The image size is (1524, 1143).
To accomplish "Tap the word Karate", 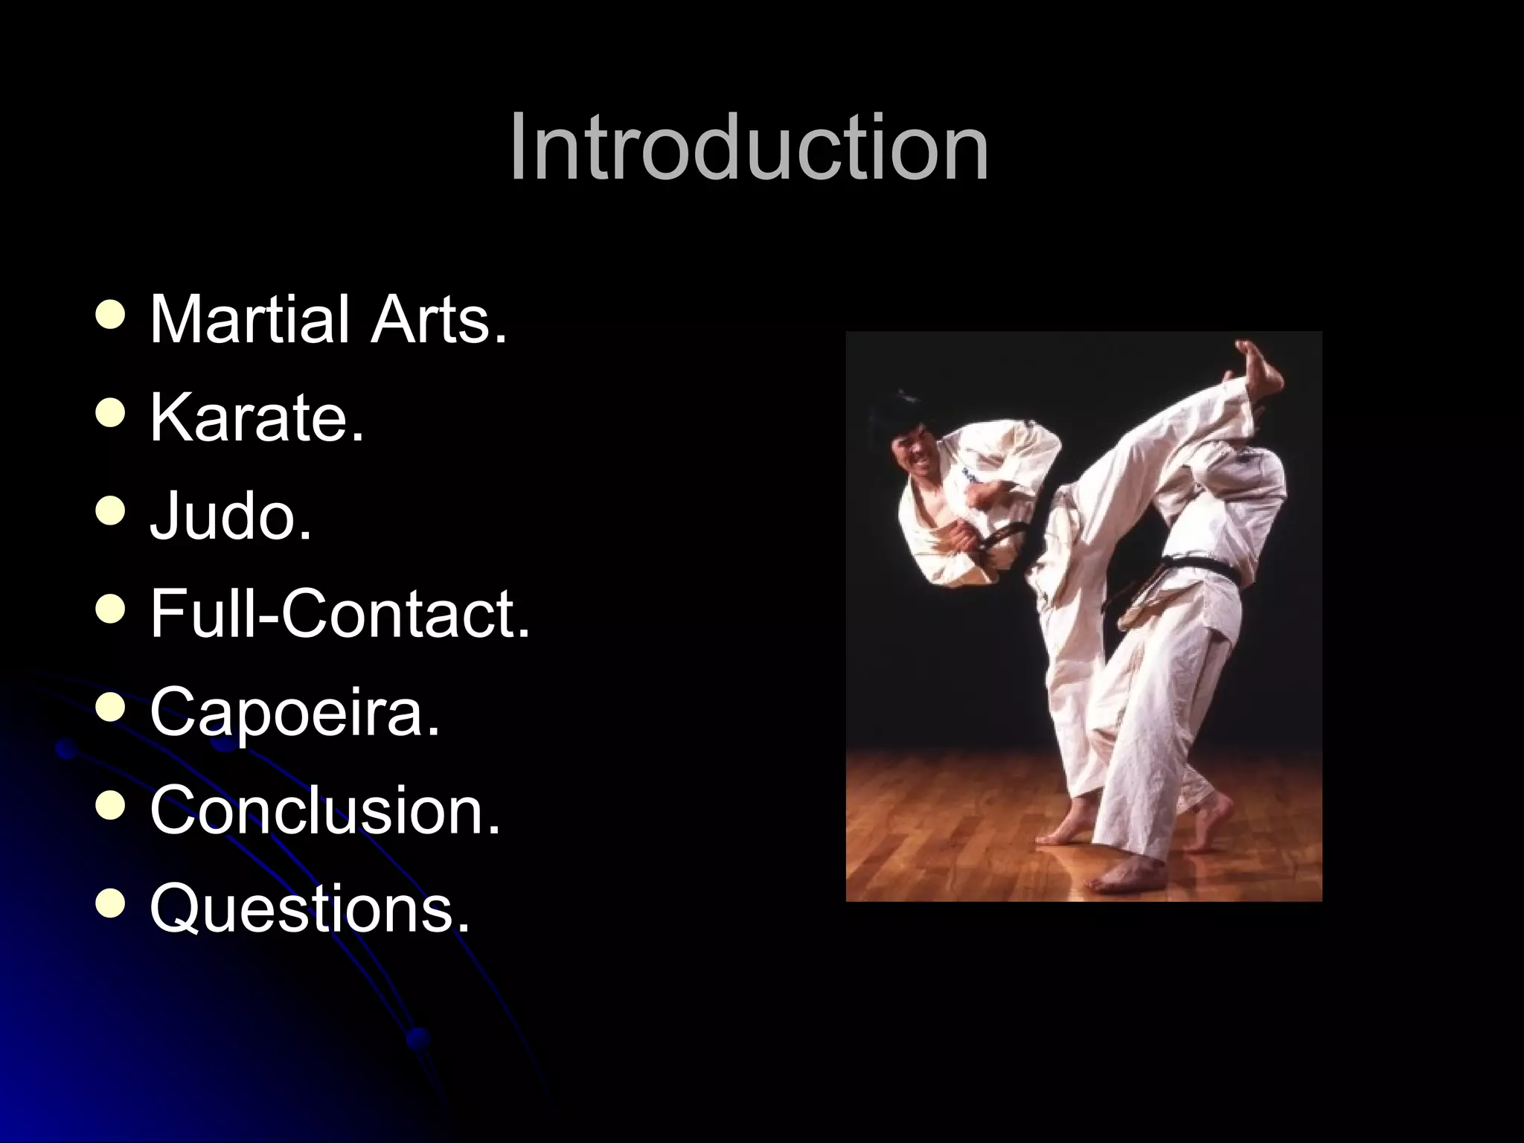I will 257,418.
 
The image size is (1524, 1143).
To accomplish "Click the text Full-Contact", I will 340,614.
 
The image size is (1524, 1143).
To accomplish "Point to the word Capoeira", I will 295,712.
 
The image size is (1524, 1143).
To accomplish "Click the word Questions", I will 310,908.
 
